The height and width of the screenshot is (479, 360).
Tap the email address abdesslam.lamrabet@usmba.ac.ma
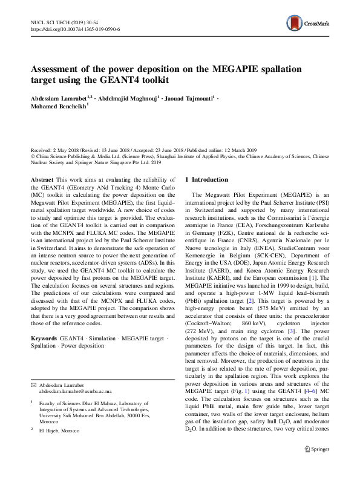point(76,391)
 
